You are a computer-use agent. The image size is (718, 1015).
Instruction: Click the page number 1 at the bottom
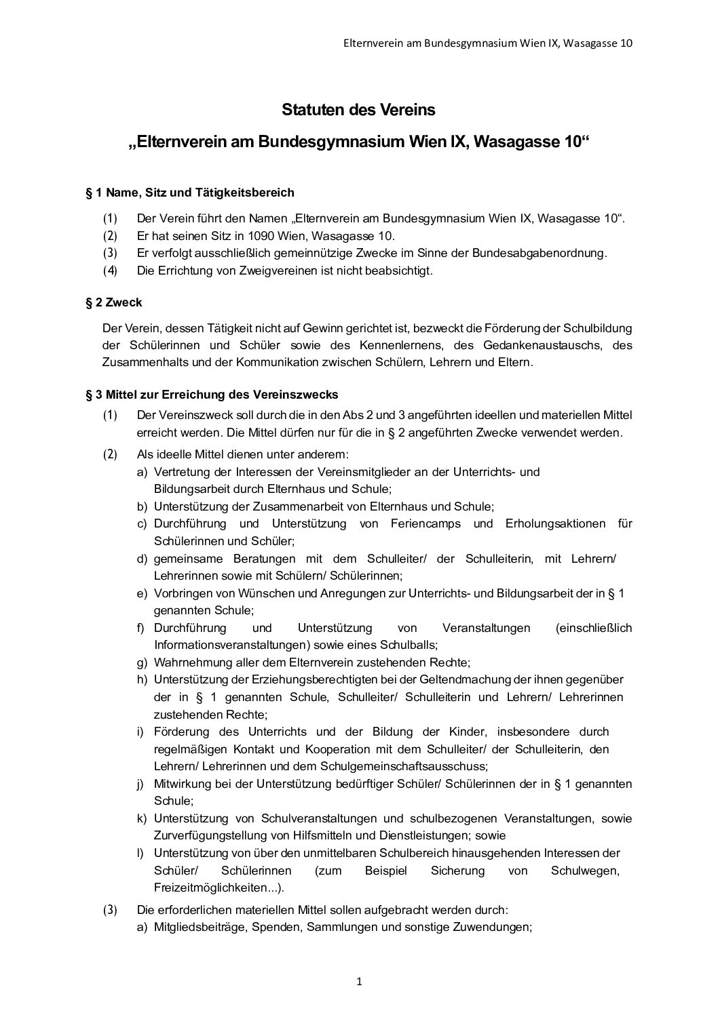click(359, 981)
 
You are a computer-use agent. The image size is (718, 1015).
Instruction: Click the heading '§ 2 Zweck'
click(114, 302)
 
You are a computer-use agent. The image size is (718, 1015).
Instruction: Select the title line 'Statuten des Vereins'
click(358, 109)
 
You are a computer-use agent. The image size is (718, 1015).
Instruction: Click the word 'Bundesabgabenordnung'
click(535, 254)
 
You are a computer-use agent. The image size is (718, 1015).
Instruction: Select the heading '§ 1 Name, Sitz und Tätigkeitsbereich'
click(190, 193)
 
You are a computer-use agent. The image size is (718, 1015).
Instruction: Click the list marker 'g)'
click(142, 662)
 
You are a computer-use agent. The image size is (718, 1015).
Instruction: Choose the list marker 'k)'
click(142, 818)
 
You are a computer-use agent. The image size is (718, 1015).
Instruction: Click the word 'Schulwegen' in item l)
click(585, 871)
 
